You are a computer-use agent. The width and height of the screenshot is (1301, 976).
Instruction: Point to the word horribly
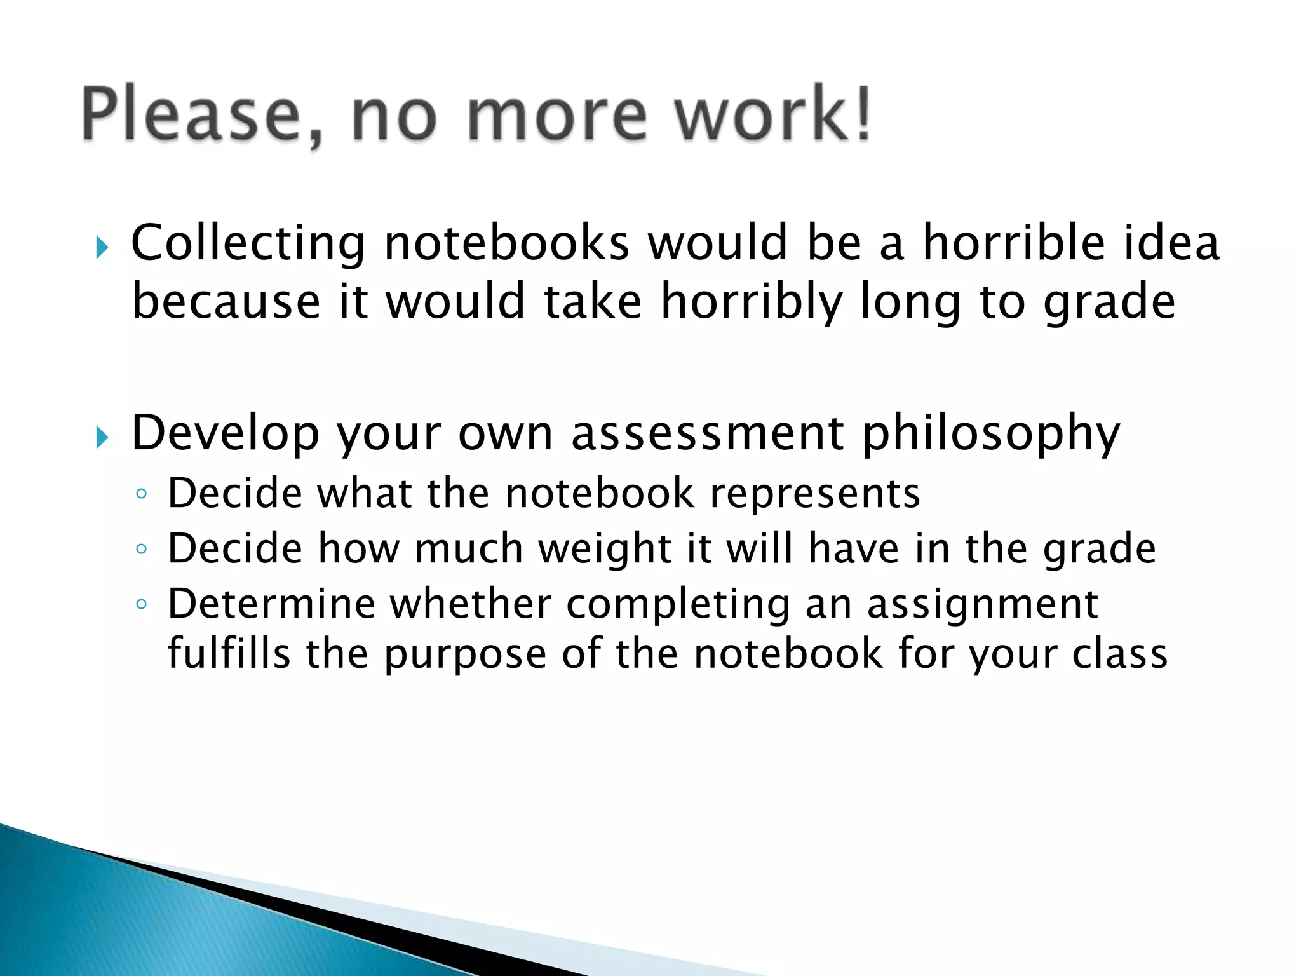752,302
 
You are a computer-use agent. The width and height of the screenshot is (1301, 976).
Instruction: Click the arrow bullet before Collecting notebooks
102,247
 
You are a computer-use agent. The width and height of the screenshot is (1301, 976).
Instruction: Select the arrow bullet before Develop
102,437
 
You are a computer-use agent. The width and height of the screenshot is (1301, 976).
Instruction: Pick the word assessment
708,433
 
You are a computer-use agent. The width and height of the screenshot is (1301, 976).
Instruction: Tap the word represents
815,494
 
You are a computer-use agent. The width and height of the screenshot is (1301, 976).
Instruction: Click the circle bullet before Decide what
142,494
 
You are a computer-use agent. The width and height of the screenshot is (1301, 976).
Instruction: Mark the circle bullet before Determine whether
142,604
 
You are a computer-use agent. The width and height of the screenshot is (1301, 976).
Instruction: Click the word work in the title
756,114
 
